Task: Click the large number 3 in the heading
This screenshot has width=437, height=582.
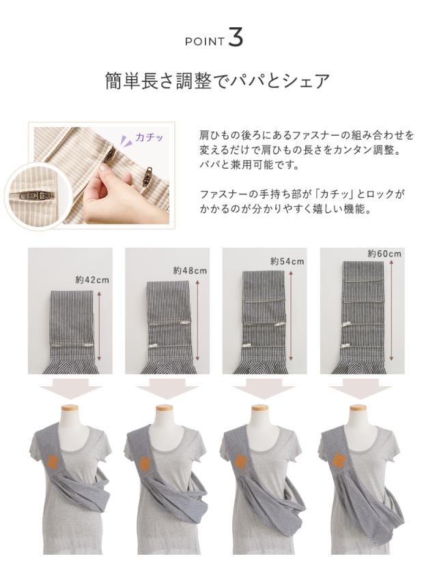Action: pyautogui.click(x=235, y=38)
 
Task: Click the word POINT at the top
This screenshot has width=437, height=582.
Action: pyautogui.click(x=205, y=42)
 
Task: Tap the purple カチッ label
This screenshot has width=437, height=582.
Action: pyautogui.click(x=149, y=137)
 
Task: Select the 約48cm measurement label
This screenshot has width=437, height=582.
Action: pyautogui.click(x=190, y=271)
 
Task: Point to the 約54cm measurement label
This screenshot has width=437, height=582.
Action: pyautogui.click(x=287, y=261)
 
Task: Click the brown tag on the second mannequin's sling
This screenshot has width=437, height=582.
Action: pyautogui.click(x=145, y=463)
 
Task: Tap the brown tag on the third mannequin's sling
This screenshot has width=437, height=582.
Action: pyautogui.click(x=240, y=461)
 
